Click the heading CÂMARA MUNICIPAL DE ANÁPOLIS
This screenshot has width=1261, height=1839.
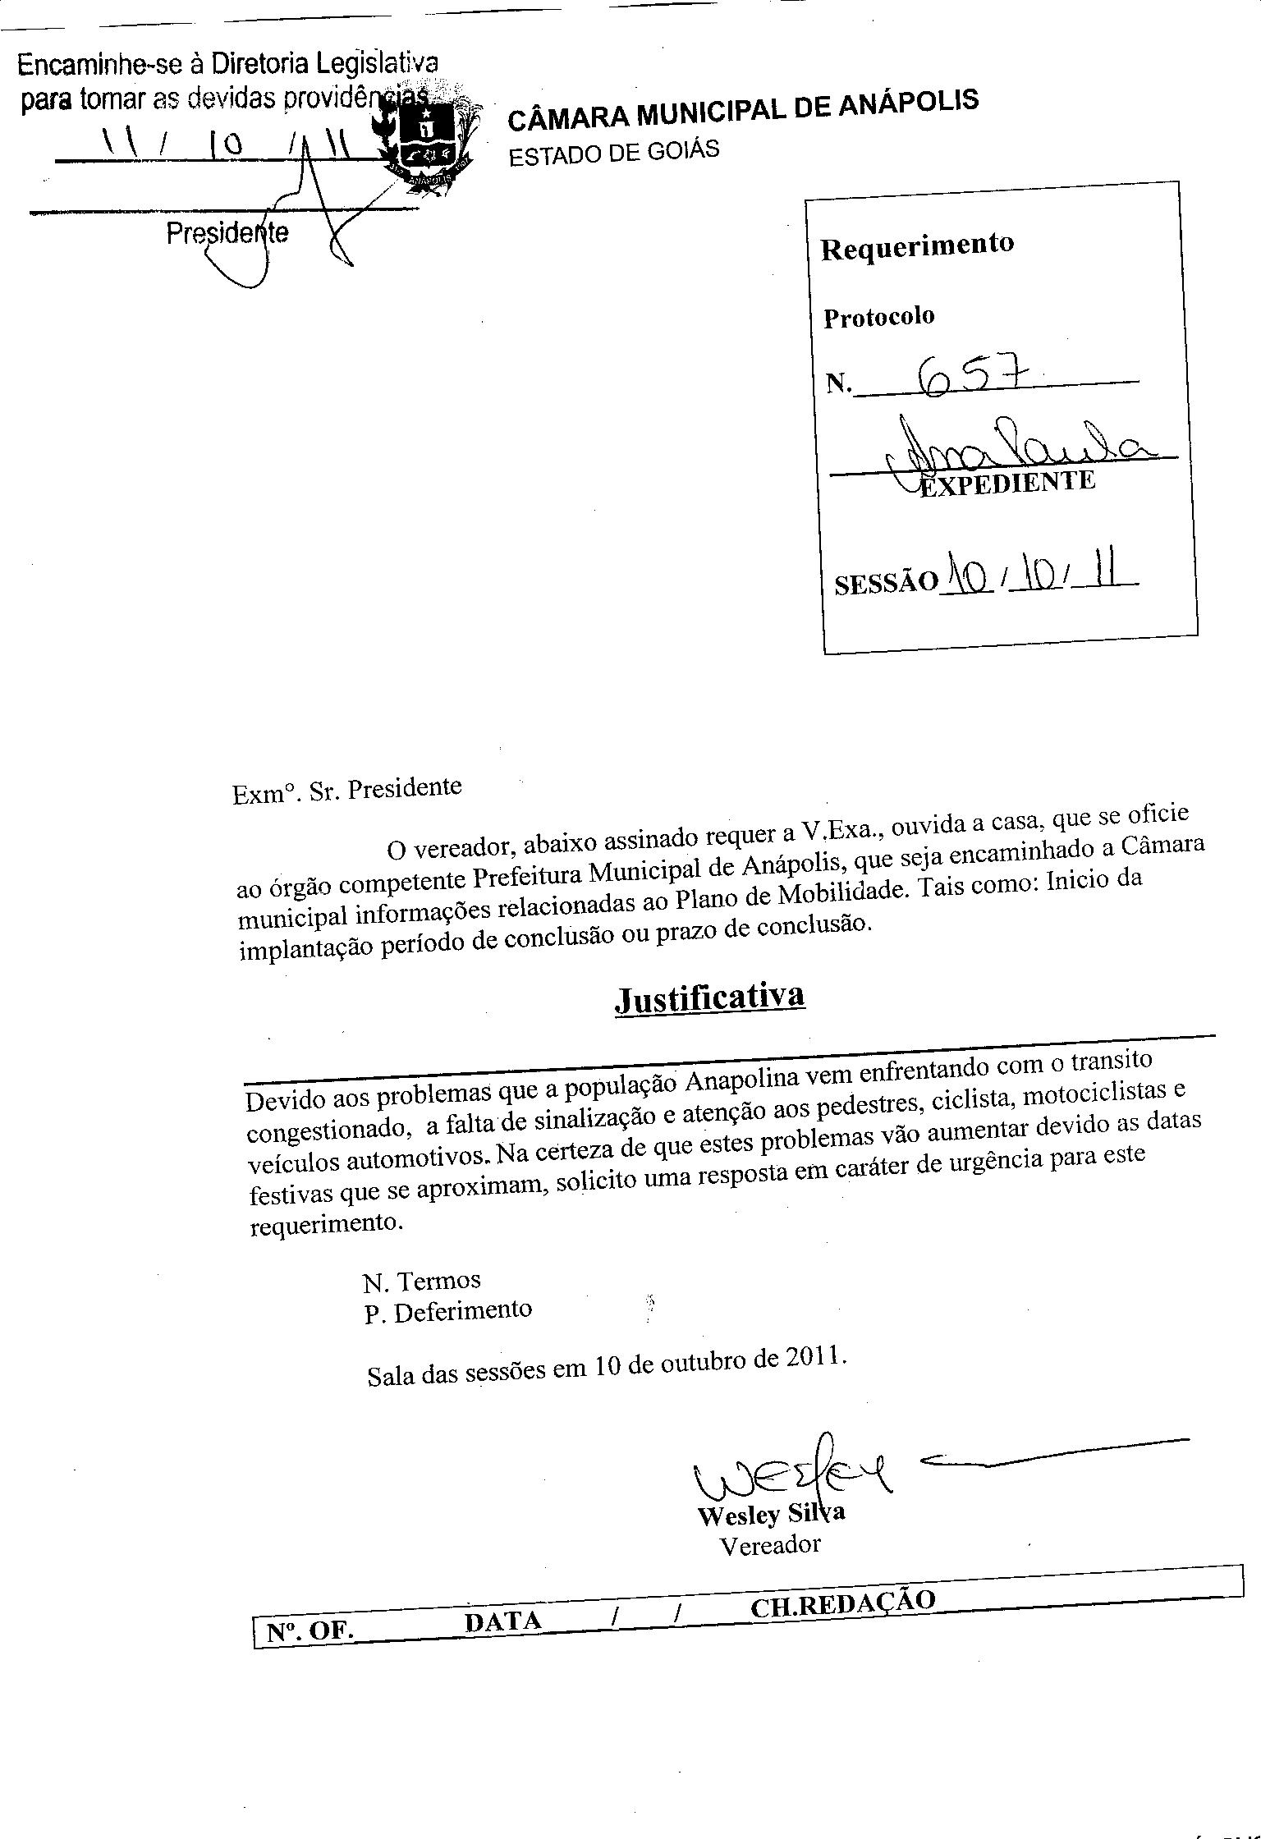point(742,110)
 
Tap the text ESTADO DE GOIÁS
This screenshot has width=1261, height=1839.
point(613,153)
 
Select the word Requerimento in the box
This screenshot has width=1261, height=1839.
point(917,245)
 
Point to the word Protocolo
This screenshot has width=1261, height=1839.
point(878,317)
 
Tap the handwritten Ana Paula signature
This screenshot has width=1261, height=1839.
point(1017,447)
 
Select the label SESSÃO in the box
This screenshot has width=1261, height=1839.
point(885,582)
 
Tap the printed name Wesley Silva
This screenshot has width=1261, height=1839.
point(770,1513)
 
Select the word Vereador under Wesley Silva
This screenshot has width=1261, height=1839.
point(769,1545)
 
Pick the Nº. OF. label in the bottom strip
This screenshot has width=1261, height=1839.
point(310,1631)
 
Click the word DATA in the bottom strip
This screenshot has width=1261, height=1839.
point(502,1621)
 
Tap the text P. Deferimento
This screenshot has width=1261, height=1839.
point(448,1311)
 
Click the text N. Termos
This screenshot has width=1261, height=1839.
point(421,1281)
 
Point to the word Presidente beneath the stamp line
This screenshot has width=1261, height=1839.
point(227,234)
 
